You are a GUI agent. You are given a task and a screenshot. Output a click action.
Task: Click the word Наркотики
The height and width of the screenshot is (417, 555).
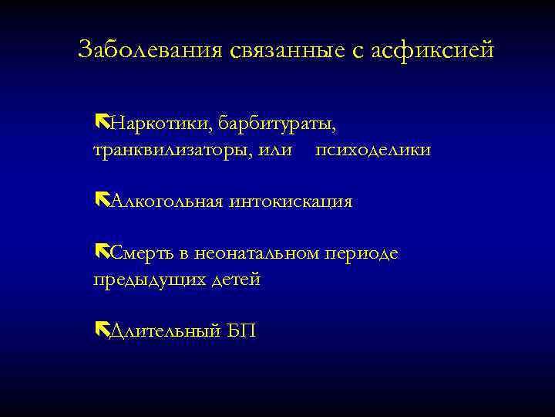pos(160,123)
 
